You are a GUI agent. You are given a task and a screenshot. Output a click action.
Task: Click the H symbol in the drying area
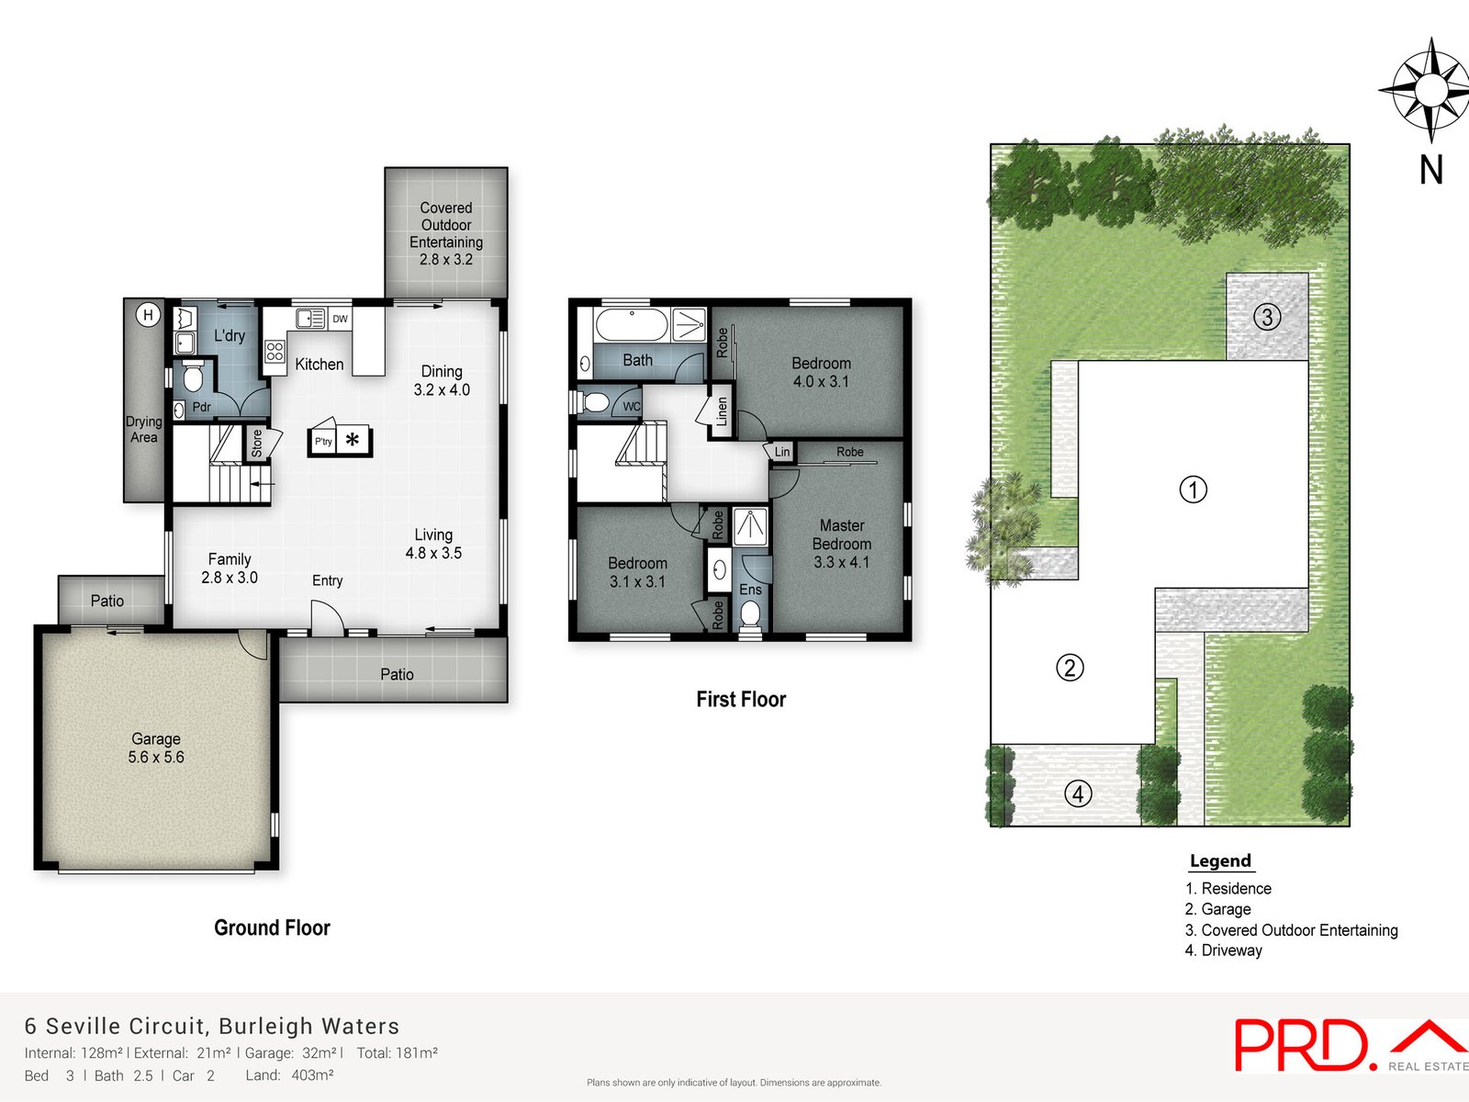(148, 315)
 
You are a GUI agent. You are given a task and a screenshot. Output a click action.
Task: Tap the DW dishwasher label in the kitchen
(341, 319)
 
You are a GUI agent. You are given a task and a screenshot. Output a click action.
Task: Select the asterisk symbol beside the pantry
(352, 440)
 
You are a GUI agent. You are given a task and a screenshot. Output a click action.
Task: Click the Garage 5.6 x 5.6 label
(156, 748)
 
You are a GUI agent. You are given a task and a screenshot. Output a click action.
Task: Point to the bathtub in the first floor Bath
(631, 326)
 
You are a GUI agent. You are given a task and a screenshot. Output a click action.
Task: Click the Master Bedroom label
(841, 544)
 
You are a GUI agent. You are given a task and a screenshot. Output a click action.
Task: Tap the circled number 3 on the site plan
(1267, 318)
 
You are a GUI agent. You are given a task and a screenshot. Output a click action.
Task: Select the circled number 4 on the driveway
(1078, 793)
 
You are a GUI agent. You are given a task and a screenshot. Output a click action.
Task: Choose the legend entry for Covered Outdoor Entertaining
(1292, 929)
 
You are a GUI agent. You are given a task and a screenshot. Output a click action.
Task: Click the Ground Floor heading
(272, 928)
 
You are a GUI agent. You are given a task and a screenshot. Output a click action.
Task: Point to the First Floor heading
(741, 699)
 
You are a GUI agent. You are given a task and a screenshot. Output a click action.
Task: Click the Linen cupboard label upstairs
(722, 410)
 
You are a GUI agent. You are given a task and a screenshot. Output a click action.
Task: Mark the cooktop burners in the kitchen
(275, 351)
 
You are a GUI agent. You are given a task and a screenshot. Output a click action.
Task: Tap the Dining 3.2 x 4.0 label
(442, 380)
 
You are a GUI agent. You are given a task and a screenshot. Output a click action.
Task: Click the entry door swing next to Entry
(327, 616)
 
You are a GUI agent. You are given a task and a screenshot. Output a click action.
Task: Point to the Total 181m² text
(397, 1053)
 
